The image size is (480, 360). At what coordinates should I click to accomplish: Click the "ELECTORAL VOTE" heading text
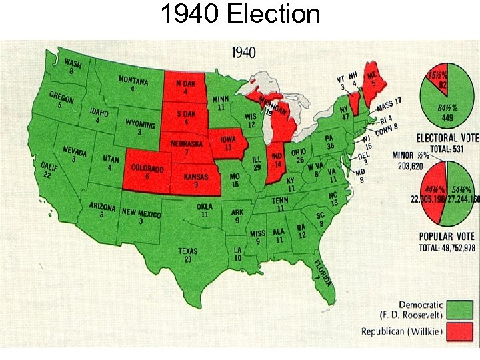click(447, 138)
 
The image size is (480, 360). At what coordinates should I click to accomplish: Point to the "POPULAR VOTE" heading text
click(447, 237)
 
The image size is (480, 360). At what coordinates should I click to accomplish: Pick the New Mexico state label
click(142, 216)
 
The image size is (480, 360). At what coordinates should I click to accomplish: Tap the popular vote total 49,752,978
click(447, 248)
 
